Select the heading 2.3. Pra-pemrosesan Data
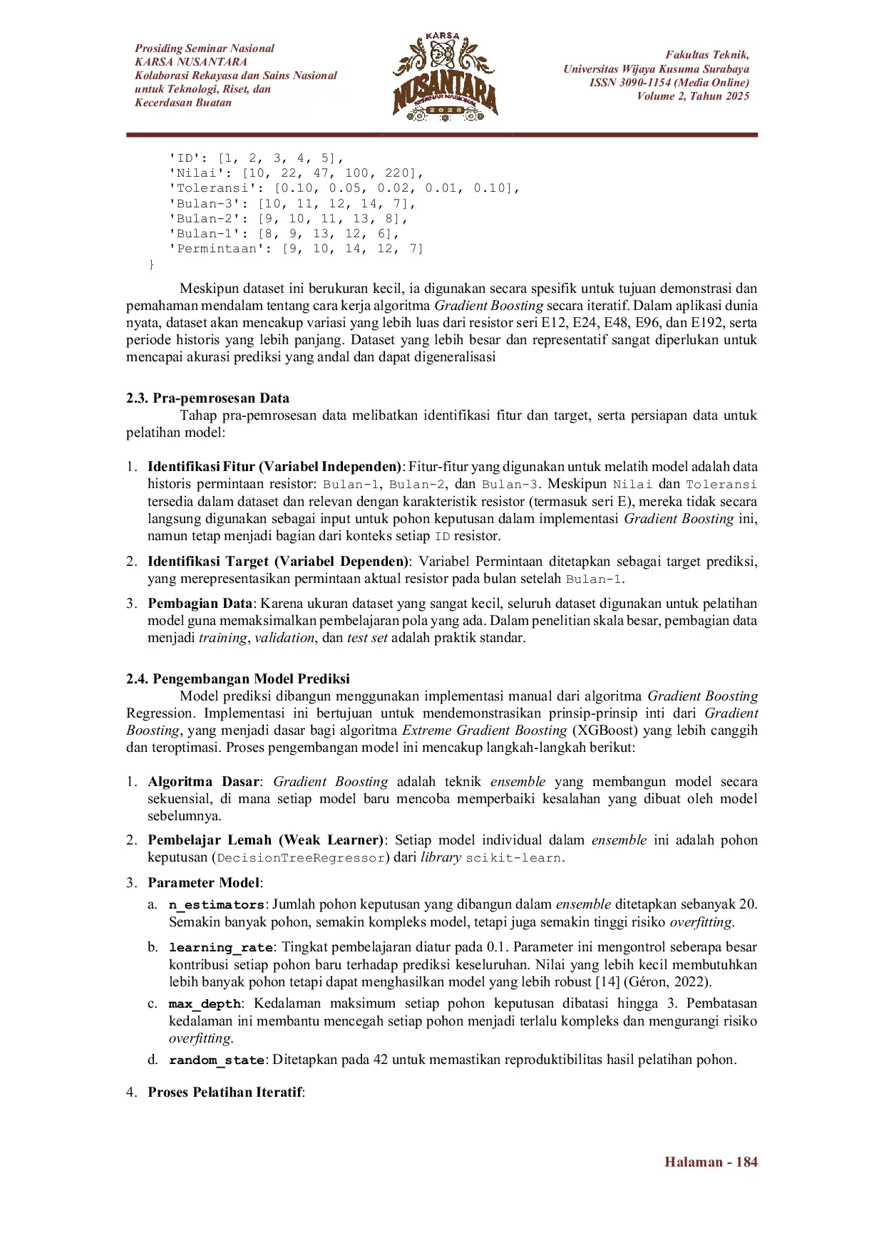(207, 398)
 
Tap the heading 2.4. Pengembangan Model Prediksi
(238, 679)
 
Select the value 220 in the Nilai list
(399, 173)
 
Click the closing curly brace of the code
(150, 264)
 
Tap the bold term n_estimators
(217, 905)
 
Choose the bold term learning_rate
(221, 948)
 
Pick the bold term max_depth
(205, 1004)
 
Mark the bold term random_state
(217, 1060)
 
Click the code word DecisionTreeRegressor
(300, 858)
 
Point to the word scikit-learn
(513, 858)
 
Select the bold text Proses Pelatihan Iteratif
(225, 1093)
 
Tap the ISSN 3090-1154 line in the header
(669, 83)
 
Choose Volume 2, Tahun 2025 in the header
(693, 96)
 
